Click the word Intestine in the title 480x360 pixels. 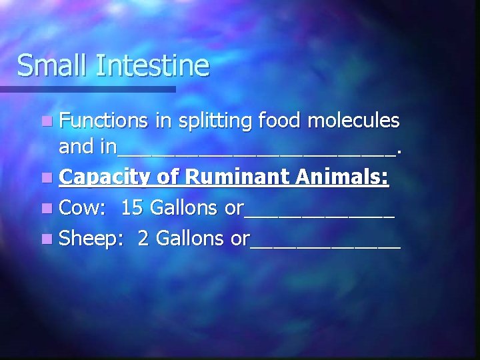pyautogui.click(x=153, y=65)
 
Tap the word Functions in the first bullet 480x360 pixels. pyautogui.click(x=103, y=121)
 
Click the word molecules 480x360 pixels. pyautogui.click(x=356, y=121)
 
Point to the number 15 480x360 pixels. pyautogui.click(x=132, y=208)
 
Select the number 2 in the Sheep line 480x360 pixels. pyautogui.click(x=142, y=238)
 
